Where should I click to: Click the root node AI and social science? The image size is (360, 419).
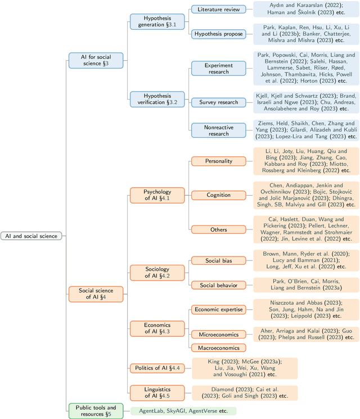[x=31, y=236]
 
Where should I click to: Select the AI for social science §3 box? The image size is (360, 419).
[x=95, y=60]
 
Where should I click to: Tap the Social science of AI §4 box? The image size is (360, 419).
[x=95, y=293]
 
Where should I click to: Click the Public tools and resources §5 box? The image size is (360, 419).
[x=95, y=411]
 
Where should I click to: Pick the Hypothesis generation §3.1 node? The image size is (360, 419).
[x=157, y=21]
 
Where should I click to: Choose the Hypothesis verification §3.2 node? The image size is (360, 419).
[x=157, y=99]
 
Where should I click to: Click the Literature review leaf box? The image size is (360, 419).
[x=218, y=9]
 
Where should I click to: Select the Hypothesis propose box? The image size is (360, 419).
[x=218, y=34]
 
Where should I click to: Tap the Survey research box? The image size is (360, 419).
[x=218, y=102]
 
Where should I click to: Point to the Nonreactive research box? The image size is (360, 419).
[x=218, y=130]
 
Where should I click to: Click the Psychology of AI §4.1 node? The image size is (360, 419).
[x=157, y=195]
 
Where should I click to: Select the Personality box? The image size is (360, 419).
[x=218, y=161]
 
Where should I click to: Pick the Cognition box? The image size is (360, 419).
[x=218, y=195]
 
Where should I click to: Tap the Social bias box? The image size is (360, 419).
[x=218, y=260]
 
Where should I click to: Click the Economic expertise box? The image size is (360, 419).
[x=218, y=309]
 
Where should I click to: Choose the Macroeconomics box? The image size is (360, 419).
[x=218, y=348]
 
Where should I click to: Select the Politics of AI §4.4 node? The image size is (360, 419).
[x=157, y=368]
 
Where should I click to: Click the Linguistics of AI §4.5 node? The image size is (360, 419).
[x=157, y=392]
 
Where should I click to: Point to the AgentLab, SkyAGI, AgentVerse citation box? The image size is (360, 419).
[x=183, y=411]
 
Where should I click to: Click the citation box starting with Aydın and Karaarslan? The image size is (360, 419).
[x=305, y=9]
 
